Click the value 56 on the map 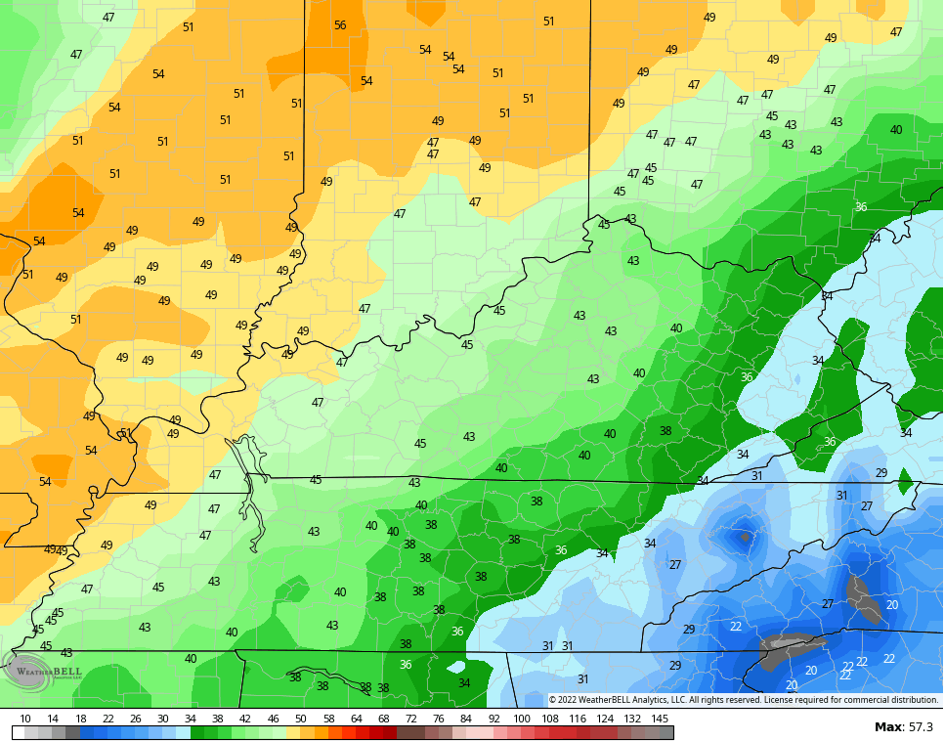tap(340, 25)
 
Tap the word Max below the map tap(888, 726)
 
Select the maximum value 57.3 tap(920, 726)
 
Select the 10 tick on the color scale tap(25, 719)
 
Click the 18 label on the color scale tap(80, 719)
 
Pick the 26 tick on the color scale tap(135, 719)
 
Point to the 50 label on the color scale tap(300, 719)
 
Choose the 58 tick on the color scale tap(328, 719)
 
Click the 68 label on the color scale tap(383, 719)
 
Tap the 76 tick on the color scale tap(438, 719)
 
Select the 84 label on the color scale tap(466, 719)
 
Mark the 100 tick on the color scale tap(522, 719)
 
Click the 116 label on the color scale tap(578, 719)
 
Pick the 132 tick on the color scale tap(632, 719)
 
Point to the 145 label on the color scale tap(661, 719)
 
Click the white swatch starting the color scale tap(19, 732)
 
